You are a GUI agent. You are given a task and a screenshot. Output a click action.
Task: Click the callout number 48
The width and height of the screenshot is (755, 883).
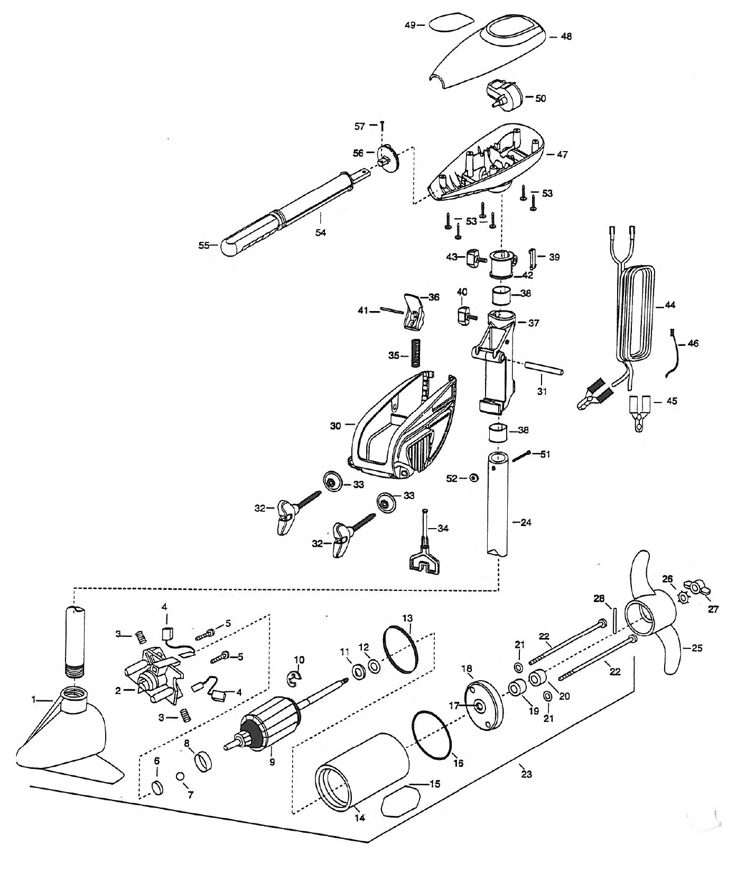point(566,36)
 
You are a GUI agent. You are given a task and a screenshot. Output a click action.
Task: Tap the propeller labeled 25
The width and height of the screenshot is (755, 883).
point(650,618)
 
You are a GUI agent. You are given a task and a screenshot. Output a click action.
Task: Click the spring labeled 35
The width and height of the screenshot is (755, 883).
point(416,352)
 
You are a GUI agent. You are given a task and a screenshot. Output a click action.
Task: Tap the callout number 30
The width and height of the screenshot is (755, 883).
point(335,425)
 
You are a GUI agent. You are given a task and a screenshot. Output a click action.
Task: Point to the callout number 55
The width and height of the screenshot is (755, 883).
point(204,245)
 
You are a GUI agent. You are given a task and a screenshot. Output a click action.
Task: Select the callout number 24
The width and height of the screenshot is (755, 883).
point(526,522)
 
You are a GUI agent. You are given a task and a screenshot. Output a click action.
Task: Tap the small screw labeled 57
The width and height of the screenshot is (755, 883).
point(381,125)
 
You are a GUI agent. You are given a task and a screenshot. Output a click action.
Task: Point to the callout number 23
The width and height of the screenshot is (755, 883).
point(526,774)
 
